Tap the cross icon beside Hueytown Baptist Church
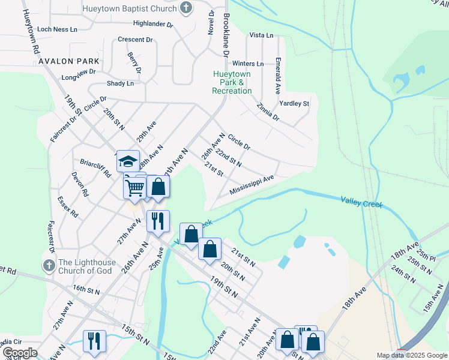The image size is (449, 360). tap(187, 8)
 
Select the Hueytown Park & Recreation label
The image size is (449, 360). tap(232, 82)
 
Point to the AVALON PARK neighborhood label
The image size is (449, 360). tap(64, 61)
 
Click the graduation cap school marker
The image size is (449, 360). tap(128, 161)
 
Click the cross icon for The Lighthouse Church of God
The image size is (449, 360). tap(49, 265)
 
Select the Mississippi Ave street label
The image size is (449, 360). tap(252, 182)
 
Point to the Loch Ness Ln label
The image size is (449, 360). tap(58, 29)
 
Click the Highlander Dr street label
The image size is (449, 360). tap(153, 25)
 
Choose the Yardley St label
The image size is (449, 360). tap(294, 103)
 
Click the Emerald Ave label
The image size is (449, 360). tap(278, 76)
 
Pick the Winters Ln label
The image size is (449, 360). tap(248, 64)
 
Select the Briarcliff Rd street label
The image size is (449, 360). tap(96, 168)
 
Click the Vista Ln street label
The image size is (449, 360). tap(261, 35)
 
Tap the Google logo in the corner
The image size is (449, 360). tap(20, 353)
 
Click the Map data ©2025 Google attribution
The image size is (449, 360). tap(411, 355)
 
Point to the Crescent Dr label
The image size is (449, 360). tap(135, 40)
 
